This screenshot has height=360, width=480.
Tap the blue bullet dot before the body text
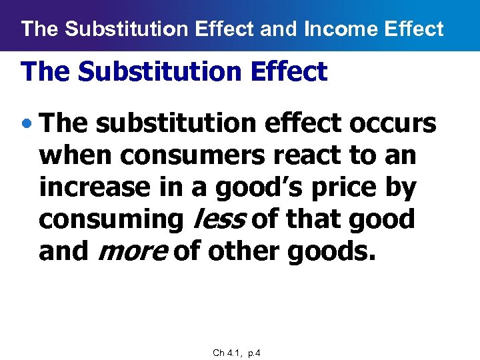pyautogui.click(x=27, y=124)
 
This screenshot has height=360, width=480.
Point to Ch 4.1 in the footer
pyautogui.click(x=227, y=353)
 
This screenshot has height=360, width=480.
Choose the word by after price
pyautogui.click(x=401, y=187)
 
